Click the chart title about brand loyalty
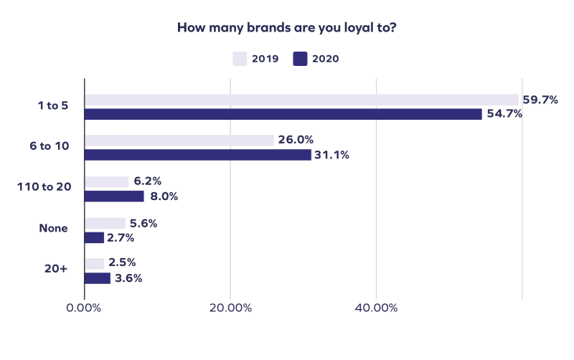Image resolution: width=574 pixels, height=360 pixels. point(287,29)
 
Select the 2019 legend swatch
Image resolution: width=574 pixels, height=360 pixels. point(240,59)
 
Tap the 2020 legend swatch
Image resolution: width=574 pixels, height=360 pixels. point(300,59)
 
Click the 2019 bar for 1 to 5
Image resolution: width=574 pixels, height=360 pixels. point(301,100)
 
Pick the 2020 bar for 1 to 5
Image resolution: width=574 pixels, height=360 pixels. point(283,114)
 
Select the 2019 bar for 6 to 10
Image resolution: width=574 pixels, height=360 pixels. point(179,141)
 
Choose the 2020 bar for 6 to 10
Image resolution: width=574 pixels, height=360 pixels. point(198,155)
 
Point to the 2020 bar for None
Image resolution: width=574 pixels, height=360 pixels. point(95,237)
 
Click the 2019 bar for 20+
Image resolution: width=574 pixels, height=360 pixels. point(94,264)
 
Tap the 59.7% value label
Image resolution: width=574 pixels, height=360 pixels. point(540,100)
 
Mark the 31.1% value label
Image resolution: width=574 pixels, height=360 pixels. point(331,155)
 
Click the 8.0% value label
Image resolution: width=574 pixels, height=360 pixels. point(163,196)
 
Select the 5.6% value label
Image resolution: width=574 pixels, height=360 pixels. point(143,223)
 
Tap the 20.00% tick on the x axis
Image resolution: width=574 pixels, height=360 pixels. point(230,308)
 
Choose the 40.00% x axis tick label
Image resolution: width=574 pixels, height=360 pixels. point(376,308)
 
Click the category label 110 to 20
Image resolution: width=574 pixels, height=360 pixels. point(44,187)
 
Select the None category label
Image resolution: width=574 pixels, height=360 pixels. point(53,229)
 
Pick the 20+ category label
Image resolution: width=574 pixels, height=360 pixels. point(56,270)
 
